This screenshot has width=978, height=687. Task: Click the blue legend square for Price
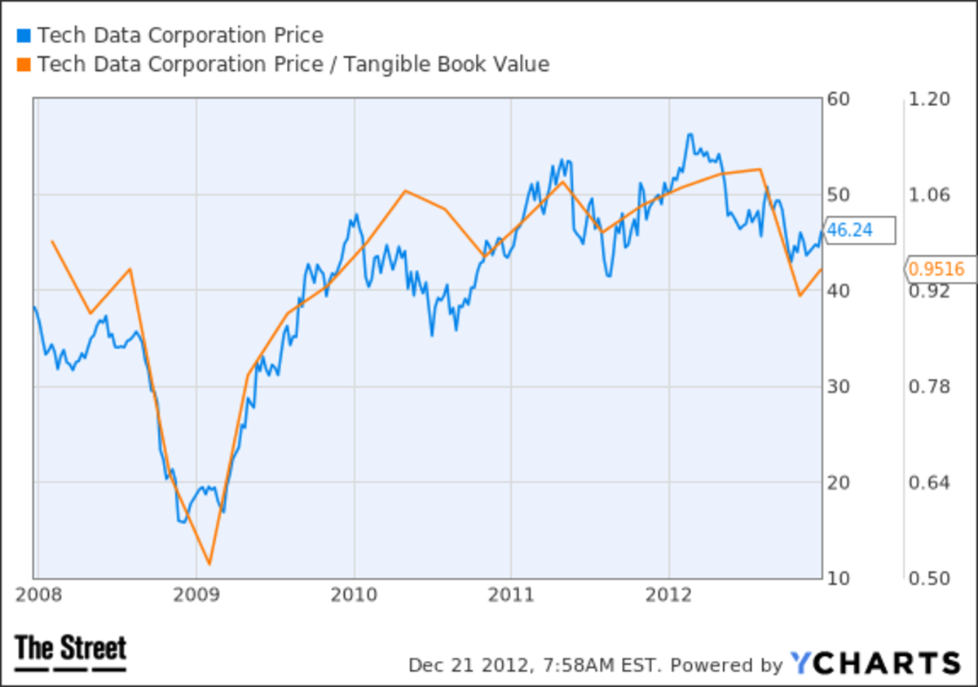click(23, 36)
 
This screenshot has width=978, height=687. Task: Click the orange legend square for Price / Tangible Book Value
click(23, 64)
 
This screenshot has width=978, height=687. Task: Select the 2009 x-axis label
click(196, 593)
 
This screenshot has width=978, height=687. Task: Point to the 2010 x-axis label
click(355, 593)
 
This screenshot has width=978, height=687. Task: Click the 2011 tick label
click(511, 593)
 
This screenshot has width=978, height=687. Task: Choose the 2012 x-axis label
click(669, 593)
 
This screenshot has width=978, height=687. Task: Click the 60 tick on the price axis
click(838, 99)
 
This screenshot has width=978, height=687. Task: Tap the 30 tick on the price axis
click(838, 386)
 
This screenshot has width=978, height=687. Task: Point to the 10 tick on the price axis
click(838, 578)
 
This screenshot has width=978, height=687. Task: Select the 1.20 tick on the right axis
click(930, 99)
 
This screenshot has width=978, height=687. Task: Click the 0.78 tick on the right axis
click(930, 386)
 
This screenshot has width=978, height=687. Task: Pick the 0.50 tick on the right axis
click(930, 578)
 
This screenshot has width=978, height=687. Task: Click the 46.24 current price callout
click(859, 231)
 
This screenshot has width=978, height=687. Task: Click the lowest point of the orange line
click(209, 563)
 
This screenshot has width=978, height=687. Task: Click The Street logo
click(71, 652)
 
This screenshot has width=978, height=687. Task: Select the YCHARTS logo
click(875, 663)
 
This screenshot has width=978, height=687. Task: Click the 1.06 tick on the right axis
click(930, 195)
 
